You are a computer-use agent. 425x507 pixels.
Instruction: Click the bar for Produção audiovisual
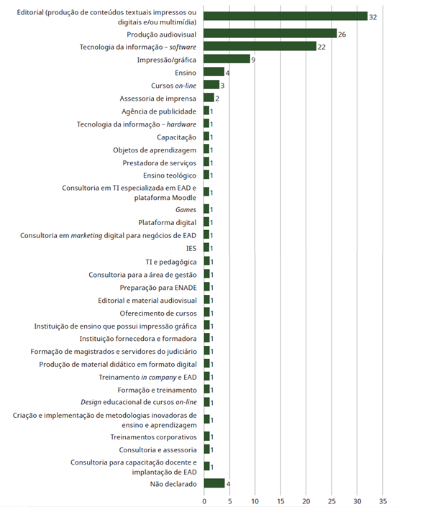270,33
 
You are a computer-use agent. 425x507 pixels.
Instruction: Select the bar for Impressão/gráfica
227,59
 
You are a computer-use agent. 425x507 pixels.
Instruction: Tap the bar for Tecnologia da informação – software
260,46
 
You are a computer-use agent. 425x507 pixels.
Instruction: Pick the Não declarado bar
214,483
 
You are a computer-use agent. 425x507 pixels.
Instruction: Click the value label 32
373,17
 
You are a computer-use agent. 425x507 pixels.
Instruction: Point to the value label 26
342,35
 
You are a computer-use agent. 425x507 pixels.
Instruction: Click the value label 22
321,47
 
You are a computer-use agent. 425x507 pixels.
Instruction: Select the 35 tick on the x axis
383,501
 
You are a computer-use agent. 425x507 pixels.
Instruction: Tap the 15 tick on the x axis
280,501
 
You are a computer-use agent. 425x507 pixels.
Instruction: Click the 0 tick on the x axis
204,501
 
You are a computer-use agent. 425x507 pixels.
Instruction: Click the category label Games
186,210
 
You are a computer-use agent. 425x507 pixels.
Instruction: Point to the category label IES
191,248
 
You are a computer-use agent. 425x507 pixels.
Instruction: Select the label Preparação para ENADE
158,288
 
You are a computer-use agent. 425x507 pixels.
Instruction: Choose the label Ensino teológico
170,175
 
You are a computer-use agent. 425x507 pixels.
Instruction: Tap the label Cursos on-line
174,86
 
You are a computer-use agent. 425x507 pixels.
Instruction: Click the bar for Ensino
214,72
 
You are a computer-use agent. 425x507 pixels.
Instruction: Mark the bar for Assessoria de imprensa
209,97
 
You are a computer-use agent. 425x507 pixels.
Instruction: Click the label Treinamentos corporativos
153,437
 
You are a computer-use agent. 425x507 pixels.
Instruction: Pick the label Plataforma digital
168,223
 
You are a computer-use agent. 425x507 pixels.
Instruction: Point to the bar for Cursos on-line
211,85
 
